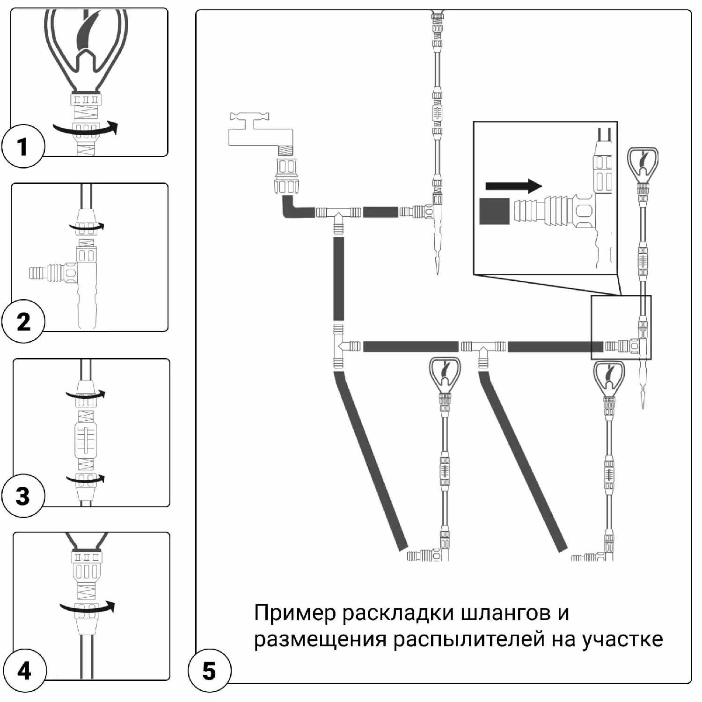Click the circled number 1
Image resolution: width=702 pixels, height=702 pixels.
coord(22,146)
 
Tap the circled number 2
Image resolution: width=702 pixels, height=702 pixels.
coord(22,322)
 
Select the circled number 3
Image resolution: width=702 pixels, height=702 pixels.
coord(22,496)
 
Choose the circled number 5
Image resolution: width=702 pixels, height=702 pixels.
coord(209,671)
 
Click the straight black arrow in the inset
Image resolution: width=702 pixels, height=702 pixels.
coord(513,186)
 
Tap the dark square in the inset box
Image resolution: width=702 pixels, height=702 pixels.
coord(494,211)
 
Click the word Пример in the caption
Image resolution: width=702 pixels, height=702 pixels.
coord(295,613)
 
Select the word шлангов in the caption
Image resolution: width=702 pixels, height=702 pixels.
coord(505,613)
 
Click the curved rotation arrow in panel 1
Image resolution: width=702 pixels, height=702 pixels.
coord(85,128)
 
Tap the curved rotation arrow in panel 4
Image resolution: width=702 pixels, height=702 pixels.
coord(88,608)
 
